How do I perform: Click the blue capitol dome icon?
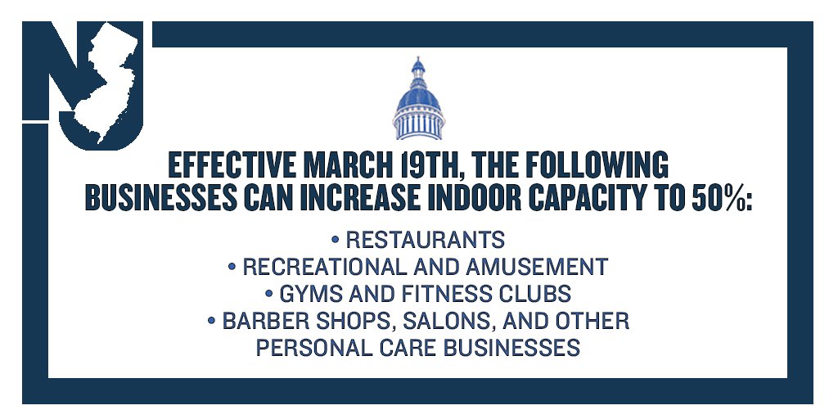[x=418, y=100]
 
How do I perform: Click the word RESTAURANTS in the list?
[x=425, y=240]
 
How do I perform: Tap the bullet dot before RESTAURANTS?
[x=336, y=240]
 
